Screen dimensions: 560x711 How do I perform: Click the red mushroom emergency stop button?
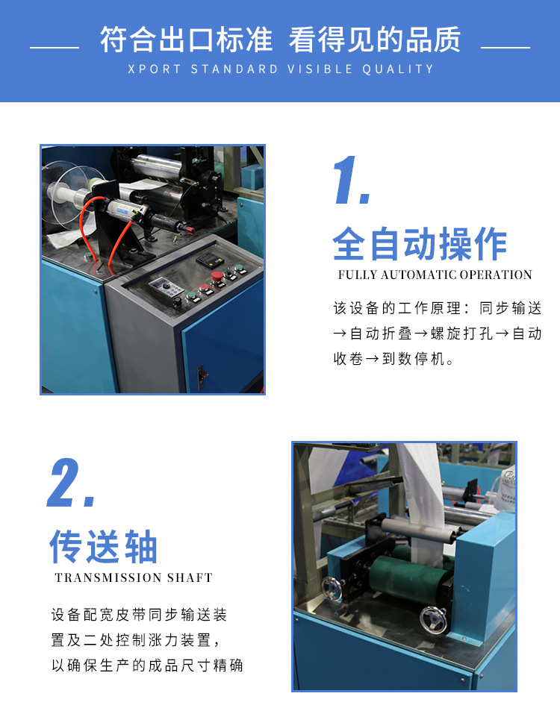[217, 276]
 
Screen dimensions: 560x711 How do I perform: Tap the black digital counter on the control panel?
[210, 260]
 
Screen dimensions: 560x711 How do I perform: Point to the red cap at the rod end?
[190, 230]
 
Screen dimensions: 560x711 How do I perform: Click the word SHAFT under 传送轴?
[190, 577]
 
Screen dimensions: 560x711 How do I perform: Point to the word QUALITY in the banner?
[397, 69]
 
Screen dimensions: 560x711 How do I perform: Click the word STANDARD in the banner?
[234, 69]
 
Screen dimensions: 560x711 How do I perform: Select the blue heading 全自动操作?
[420, 244]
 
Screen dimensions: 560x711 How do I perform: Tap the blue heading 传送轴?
[104, 546]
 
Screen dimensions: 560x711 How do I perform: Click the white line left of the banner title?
[55, 47]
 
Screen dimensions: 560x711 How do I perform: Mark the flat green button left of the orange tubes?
[87, 257]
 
